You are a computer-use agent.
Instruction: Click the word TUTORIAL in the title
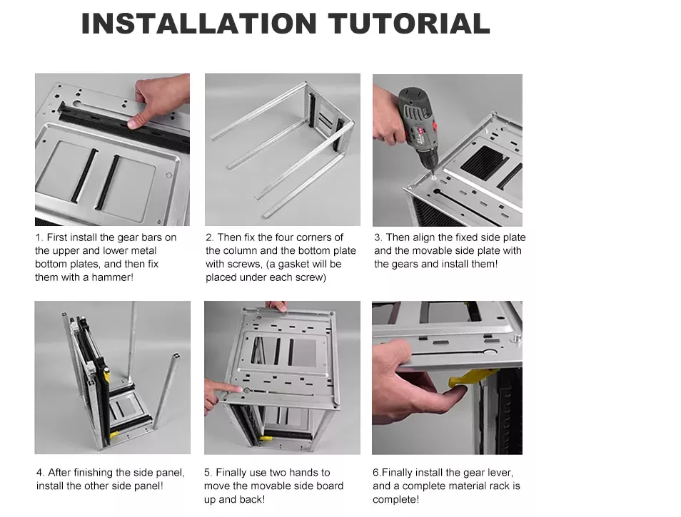click(x=409, y=24)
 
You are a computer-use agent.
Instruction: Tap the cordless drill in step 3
click(x=416, y=126)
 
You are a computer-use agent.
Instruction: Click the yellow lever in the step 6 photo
click(x=470, y=377)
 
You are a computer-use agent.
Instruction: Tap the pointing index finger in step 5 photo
click(x=224, y=388)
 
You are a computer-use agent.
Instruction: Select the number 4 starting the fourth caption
click(x=40, y=472)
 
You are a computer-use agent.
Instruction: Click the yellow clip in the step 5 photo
click(x=265, y=438)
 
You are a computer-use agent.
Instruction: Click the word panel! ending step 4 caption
click(x=148, y=486)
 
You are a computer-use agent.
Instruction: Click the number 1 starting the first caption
click(x=39, y=237)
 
